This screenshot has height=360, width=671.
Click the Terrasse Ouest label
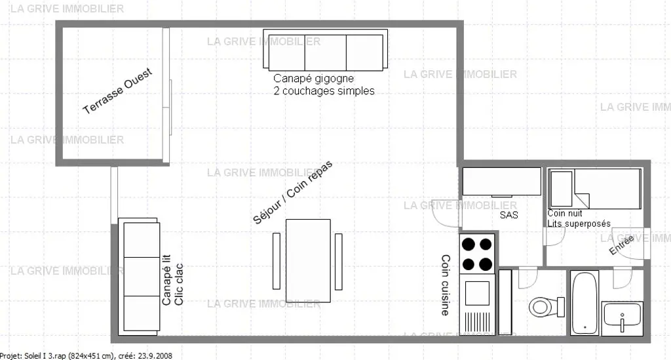117,91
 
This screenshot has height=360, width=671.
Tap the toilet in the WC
546,306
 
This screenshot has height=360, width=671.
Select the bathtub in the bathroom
584,303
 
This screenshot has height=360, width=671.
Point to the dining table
308,261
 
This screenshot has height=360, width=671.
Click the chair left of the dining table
277,261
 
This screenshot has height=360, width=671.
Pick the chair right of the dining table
339,261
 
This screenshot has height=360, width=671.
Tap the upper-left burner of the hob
468,245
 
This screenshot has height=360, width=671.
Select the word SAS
508,215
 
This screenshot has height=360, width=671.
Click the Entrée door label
621,246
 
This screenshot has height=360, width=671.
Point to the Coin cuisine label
446,285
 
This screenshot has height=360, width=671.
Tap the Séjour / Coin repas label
293,193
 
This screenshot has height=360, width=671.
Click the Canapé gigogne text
314,78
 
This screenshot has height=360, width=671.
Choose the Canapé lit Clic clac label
172,280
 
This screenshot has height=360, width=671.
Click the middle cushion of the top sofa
325,52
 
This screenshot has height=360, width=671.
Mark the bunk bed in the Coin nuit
595,189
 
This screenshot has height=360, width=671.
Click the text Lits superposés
579,224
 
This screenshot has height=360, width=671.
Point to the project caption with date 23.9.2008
86,355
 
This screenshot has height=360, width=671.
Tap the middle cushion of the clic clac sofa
142,276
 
